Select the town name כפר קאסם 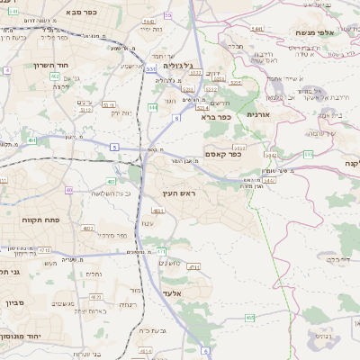(x=227, y=154)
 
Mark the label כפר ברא (x=217, y=116)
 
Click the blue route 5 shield (x=115, y=147)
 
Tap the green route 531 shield (x=150, y=67)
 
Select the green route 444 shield (x=153, y=107)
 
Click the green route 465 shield (x=249, y=318)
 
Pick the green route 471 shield (x=161, y=251)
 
